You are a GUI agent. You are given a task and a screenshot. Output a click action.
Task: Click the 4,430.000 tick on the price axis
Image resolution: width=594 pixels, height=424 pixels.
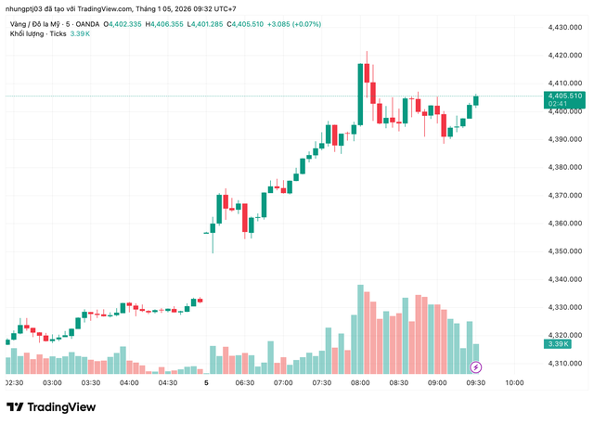point(564,27)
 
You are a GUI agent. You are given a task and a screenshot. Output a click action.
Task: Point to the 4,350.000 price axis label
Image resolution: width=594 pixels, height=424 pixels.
point(564,251)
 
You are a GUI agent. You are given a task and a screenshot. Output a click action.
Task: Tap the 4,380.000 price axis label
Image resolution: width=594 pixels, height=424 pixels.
point(564,167)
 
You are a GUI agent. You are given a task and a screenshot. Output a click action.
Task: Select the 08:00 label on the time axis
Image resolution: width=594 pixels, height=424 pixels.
point(360,382)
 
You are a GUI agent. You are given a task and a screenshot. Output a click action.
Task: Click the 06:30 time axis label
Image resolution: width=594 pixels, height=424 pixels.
point(245,382)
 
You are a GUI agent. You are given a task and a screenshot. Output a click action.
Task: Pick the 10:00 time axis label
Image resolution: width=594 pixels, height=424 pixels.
point(515,382)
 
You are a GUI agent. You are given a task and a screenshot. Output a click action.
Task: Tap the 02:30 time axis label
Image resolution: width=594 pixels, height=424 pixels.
point(15,382)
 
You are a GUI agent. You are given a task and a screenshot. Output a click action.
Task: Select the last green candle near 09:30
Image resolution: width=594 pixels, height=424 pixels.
point(476,99)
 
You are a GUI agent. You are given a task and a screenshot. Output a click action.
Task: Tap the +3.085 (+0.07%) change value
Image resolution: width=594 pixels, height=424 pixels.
point(294,22)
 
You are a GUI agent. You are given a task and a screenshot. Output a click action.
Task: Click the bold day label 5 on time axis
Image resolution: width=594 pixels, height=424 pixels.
point(206,382)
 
